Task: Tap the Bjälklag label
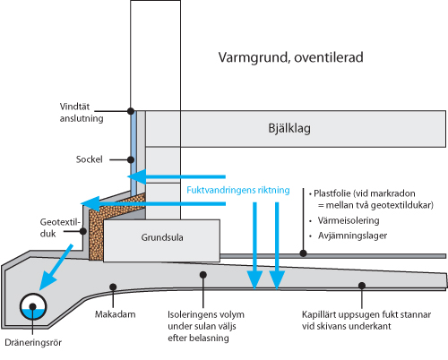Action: click(x=289, y=128)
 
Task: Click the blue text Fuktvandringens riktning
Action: click(x=237, y=190)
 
